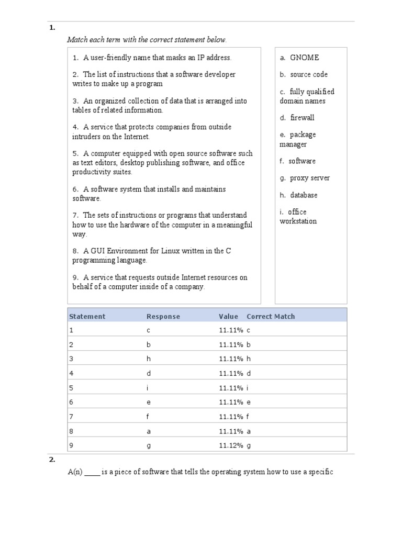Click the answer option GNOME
pos(304,58)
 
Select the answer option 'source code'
pos(309,74)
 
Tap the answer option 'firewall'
pos(302,118)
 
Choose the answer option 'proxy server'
pos(310,178)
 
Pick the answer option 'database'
pos(304,195)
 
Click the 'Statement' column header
pos(87,316)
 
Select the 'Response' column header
pos(163,316)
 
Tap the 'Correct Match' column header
pos(271,316)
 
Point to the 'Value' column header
pos(228,316)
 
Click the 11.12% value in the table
pos(231,445)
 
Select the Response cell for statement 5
pos(148,388)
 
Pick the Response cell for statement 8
pos(149,431)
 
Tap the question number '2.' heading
pos(52,460)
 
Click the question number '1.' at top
pos(52,28)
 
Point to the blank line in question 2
pos(92,473)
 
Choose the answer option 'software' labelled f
pos(302,161)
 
